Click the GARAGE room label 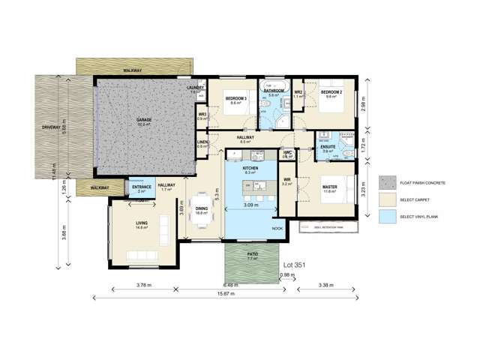144,120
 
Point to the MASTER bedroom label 331,187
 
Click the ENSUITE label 328,146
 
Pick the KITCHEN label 250,169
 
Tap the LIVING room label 142,223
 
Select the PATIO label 253,254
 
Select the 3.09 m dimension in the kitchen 251,204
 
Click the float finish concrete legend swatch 387,182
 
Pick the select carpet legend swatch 387,200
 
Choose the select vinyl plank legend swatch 387,217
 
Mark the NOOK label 277,228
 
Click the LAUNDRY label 196,88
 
